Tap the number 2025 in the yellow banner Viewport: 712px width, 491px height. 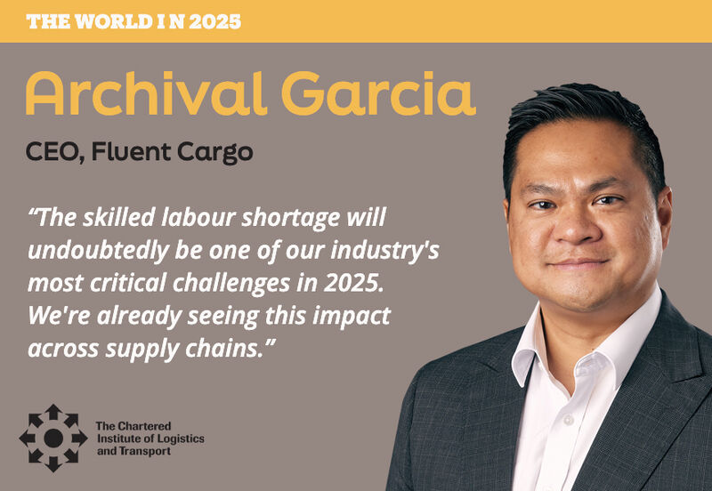214,21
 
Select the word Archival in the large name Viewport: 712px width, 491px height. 146,93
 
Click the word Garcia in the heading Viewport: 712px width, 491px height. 379,93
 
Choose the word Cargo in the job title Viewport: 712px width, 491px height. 214,153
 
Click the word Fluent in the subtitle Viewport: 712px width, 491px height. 131,151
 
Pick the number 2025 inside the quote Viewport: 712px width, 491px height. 353,283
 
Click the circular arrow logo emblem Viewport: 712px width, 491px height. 53,438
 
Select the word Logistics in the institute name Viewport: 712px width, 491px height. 181,439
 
